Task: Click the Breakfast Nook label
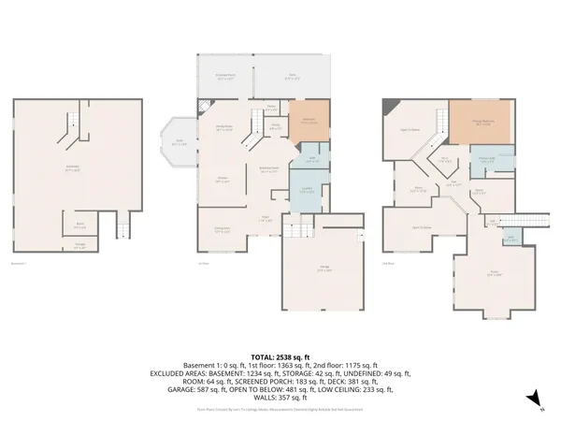click(x=267, y=170)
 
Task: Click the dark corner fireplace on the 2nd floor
click(x=389, y=105)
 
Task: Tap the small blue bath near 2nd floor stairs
click(x=511, y=240)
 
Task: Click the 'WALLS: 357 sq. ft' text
click(x=280, y=399)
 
